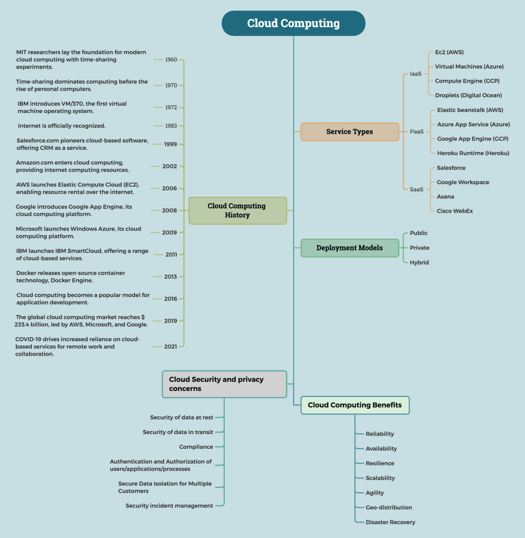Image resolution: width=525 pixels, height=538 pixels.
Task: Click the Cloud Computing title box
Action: (x=294, y=23)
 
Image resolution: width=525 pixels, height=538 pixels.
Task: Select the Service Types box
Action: (x=349, y=132)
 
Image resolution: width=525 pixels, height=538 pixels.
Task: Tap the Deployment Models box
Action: (x=349, y=248)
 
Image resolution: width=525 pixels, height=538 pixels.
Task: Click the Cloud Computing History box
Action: (x=237, y=210)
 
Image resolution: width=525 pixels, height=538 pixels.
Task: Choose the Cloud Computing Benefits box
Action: (x=355, y=405)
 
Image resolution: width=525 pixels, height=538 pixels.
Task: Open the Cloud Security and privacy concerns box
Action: (x=224, y=384)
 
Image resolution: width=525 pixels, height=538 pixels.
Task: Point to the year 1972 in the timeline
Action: (x=171, y=107)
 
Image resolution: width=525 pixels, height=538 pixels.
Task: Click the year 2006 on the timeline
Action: (x=169, y=188)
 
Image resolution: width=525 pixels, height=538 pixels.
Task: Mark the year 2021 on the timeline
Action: (x=170, y=347)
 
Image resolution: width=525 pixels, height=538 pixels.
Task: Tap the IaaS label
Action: (x=416, y=74)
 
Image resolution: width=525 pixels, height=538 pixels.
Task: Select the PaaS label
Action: (x=417, y=132)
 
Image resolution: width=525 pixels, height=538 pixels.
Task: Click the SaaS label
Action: (x=417, y=189)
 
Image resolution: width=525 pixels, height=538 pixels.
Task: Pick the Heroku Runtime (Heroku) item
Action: (x=473, y=153)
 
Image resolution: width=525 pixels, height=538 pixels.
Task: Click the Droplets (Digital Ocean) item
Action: (x=468, y=95)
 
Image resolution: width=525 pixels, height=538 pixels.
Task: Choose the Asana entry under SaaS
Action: (x=445, y=197)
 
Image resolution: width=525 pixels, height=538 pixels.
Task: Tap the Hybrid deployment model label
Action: (x=419, y=263)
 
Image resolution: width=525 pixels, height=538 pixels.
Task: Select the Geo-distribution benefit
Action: (x=388, y=507)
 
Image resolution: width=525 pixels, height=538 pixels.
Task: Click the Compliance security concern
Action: (x=196, y=447)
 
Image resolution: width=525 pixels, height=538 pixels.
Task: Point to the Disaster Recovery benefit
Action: (x=390, y=522)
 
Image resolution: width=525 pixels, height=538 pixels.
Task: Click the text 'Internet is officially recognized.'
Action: (x=62, y=126)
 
